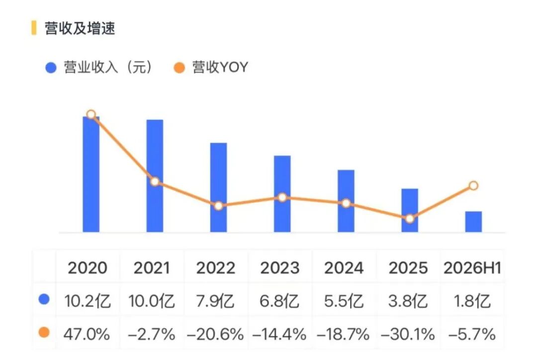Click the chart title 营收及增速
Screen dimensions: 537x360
tap(80, 28)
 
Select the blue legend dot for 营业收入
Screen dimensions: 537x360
tap(51, 68)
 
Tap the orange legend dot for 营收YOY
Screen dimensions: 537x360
tap(179, 68)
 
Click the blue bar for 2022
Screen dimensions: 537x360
tap(218, 187)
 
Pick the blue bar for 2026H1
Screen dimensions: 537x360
tap(473, 222)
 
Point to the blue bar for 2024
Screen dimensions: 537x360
tap(346, 201)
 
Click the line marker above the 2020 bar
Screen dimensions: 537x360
tap(91, 114)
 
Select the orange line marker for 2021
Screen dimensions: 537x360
tap(155, 181)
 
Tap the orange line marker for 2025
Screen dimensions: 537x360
tap(410, 218)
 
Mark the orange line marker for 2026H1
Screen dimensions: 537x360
tap(473, 185)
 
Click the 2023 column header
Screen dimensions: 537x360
tap(280, 268)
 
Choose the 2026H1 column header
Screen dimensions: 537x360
tap(472, 268)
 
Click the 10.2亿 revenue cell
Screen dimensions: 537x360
tap(88, 301)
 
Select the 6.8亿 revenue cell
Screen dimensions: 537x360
tap(279, 301)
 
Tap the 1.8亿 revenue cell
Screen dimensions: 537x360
tap(472, 301)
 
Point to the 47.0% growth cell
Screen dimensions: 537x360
tap(87, 334)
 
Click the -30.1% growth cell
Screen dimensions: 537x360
tap(408, 334)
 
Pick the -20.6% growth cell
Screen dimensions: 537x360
tap(215, 334)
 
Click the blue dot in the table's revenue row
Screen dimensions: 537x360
tap(44, 299)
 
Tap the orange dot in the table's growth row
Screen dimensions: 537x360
tap(44, 332)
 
